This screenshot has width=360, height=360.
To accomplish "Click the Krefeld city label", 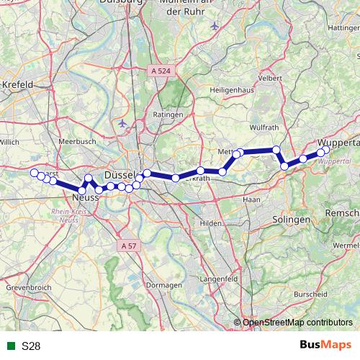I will (18, 84).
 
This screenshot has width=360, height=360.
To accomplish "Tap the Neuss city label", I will (85, 196).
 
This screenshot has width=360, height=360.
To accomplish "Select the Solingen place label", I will (292, 219).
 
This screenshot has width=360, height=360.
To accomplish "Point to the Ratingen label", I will (166, 114).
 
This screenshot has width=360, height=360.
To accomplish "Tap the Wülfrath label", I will (244, 127).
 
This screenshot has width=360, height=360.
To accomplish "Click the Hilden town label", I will (211, 224).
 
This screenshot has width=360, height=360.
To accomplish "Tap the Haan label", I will (252, 199).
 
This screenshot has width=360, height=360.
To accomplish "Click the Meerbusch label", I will (77, 142).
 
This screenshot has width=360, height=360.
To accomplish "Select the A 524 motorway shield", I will (161, 71).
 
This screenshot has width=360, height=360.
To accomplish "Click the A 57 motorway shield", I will (128, 246).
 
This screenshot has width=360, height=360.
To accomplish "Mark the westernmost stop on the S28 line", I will (34, 173).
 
